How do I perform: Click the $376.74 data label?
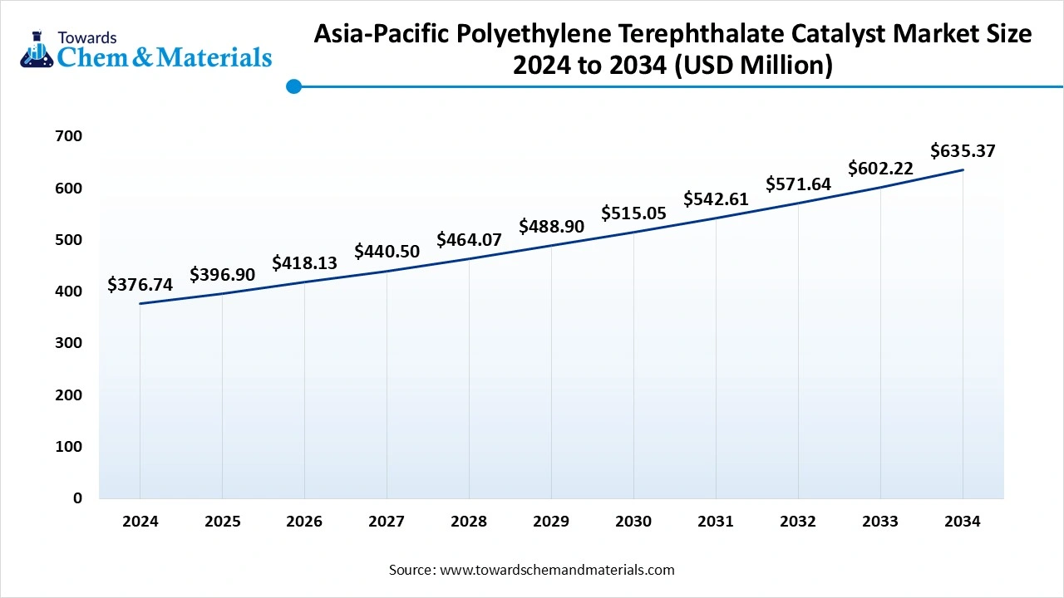140,285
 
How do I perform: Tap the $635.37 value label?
963,151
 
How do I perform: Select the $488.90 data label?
551,227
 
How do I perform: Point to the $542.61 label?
716,199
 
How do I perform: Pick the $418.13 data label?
304,263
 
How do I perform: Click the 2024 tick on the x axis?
140,522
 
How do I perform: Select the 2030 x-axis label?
633,522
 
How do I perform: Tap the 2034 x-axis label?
963,522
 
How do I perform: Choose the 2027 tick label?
387,522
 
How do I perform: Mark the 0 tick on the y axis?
77,498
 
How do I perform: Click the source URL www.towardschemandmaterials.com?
556,570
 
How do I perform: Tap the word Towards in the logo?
87,37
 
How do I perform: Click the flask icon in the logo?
37,50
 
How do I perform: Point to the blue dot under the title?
293,86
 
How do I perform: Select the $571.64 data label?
798,184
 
